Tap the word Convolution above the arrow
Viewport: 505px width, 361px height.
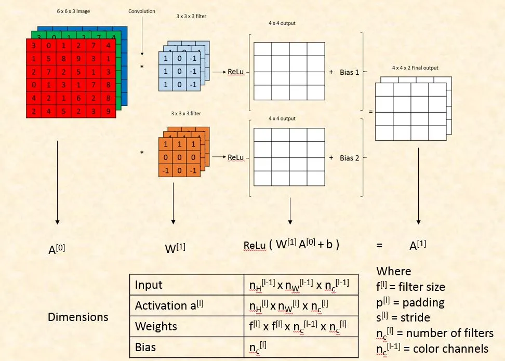tap(142, 11)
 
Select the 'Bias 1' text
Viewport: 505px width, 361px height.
tap(349, 72)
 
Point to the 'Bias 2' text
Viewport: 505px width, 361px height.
tap(349, 157)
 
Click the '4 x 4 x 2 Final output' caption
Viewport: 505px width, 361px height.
tap(415, 68)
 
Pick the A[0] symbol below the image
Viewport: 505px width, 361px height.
tap(57, 249)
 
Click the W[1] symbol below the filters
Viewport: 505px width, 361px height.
tap(175, 248)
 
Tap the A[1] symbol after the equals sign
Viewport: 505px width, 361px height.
tap(418, 246)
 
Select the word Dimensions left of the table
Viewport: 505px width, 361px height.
tap(78, 316)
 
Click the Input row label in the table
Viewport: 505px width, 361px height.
tap(149, 285)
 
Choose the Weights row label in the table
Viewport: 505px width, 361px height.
tap(156, 326)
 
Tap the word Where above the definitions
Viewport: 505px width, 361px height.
tap(393, 271)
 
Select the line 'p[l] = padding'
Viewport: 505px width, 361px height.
tap(411, 302)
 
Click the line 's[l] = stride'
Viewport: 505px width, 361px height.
tap(406, 317)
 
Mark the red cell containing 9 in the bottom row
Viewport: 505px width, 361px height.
tap(107, 110)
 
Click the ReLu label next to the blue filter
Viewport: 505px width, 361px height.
tap(235, 72)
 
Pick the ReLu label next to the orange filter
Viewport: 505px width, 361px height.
tap(235, 157)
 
